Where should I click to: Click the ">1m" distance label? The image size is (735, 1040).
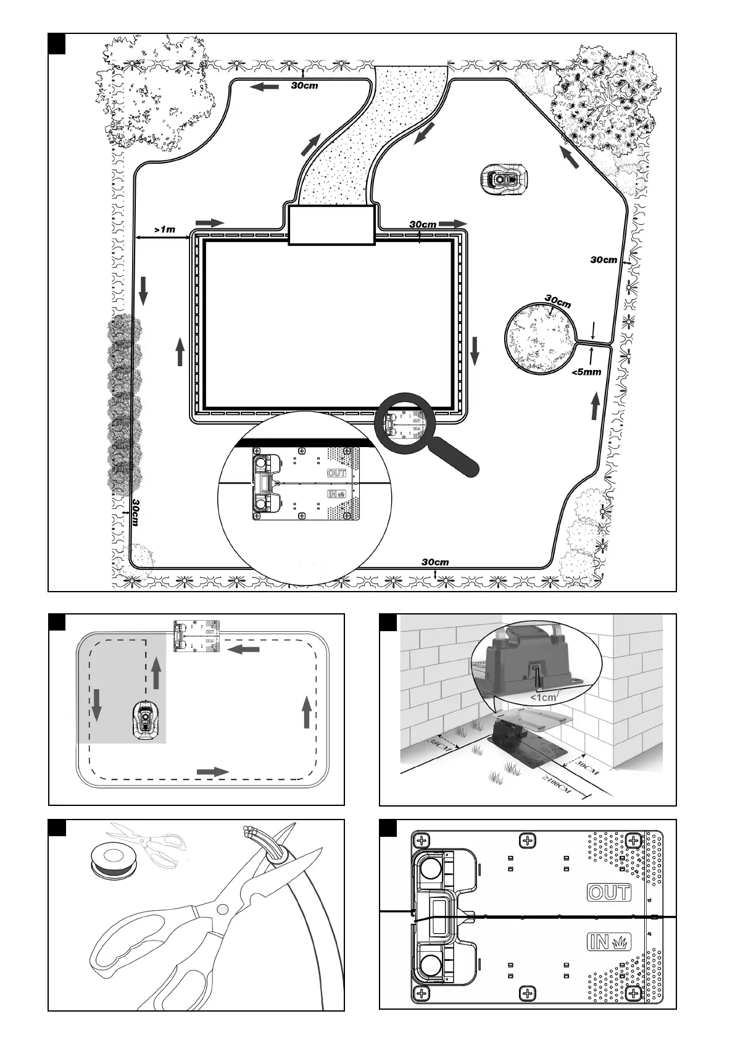click(x=164, y=230)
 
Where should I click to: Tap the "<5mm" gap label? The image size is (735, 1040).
click(x=586, y=372)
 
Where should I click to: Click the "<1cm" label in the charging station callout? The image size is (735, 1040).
click(x=543, y=697)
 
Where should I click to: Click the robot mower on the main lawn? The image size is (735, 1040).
click(x=504, y=178)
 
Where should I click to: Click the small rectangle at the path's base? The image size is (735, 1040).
click(x=332, y=225)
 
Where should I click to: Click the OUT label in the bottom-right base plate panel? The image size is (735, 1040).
click(x=609, y=892)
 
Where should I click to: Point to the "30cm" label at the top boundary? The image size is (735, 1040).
click(x=305, y=85)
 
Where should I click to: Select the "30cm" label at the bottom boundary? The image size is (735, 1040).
click(x=435, y=562)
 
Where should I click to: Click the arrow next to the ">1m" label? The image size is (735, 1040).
click(x=210, y=222)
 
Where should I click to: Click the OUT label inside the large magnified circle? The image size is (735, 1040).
click(x=337, y=473)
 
